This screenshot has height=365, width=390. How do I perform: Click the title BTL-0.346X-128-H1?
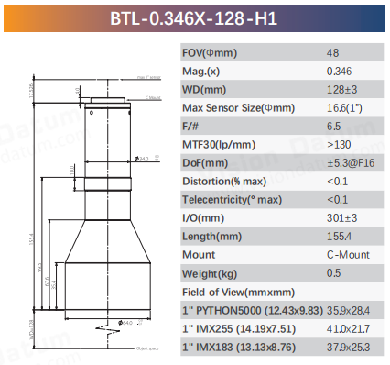pos(194,17)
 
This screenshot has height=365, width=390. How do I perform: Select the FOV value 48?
pos(331,53)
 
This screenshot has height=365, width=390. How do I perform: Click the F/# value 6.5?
pos(333,127)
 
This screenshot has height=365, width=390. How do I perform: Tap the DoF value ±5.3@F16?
pos(349,164)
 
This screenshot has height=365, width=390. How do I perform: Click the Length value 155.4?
pos(338,238)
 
